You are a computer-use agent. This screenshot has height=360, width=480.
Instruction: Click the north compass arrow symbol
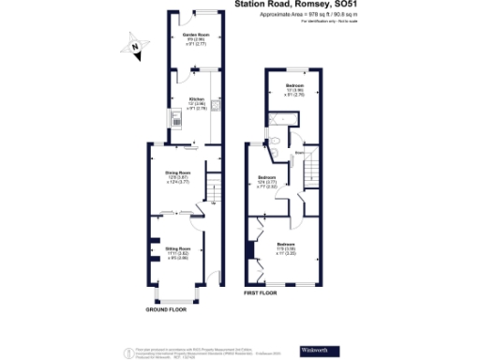coord(135,45)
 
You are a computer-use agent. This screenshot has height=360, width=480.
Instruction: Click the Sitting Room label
coord(178,252)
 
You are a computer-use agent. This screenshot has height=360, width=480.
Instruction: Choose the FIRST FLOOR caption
coord(263,292)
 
